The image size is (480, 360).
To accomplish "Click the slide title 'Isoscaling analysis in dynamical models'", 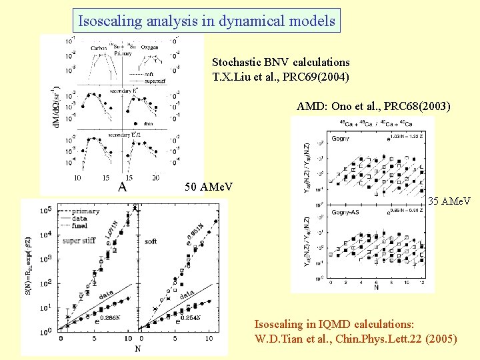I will pyautogui.click(x=206, y=21).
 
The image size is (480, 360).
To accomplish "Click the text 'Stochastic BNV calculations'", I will pyautogui.click(x=281, y=62).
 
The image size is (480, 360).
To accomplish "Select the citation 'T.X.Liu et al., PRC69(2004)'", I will pyautogui.click(x=281, y=76).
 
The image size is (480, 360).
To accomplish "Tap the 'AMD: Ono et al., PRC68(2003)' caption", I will pyautogui.click(x=373, y=106).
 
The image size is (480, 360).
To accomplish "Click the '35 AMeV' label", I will pyautogui.click(x=449, y=201).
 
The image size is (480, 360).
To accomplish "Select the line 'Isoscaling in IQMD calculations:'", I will pyautogui.click(x=334, y=324).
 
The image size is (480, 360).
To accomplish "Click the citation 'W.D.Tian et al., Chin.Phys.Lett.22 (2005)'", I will pyautogui.click(x=355, y=339).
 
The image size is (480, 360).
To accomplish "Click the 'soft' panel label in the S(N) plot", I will pyautogui.click(x=150, y=241).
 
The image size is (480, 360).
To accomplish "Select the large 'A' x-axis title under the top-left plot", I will pyautogui.click(x=122, y=187).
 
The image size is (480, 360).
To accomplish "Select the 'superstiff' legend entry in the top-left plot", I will pyautogui.click(x=155, y=81).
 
